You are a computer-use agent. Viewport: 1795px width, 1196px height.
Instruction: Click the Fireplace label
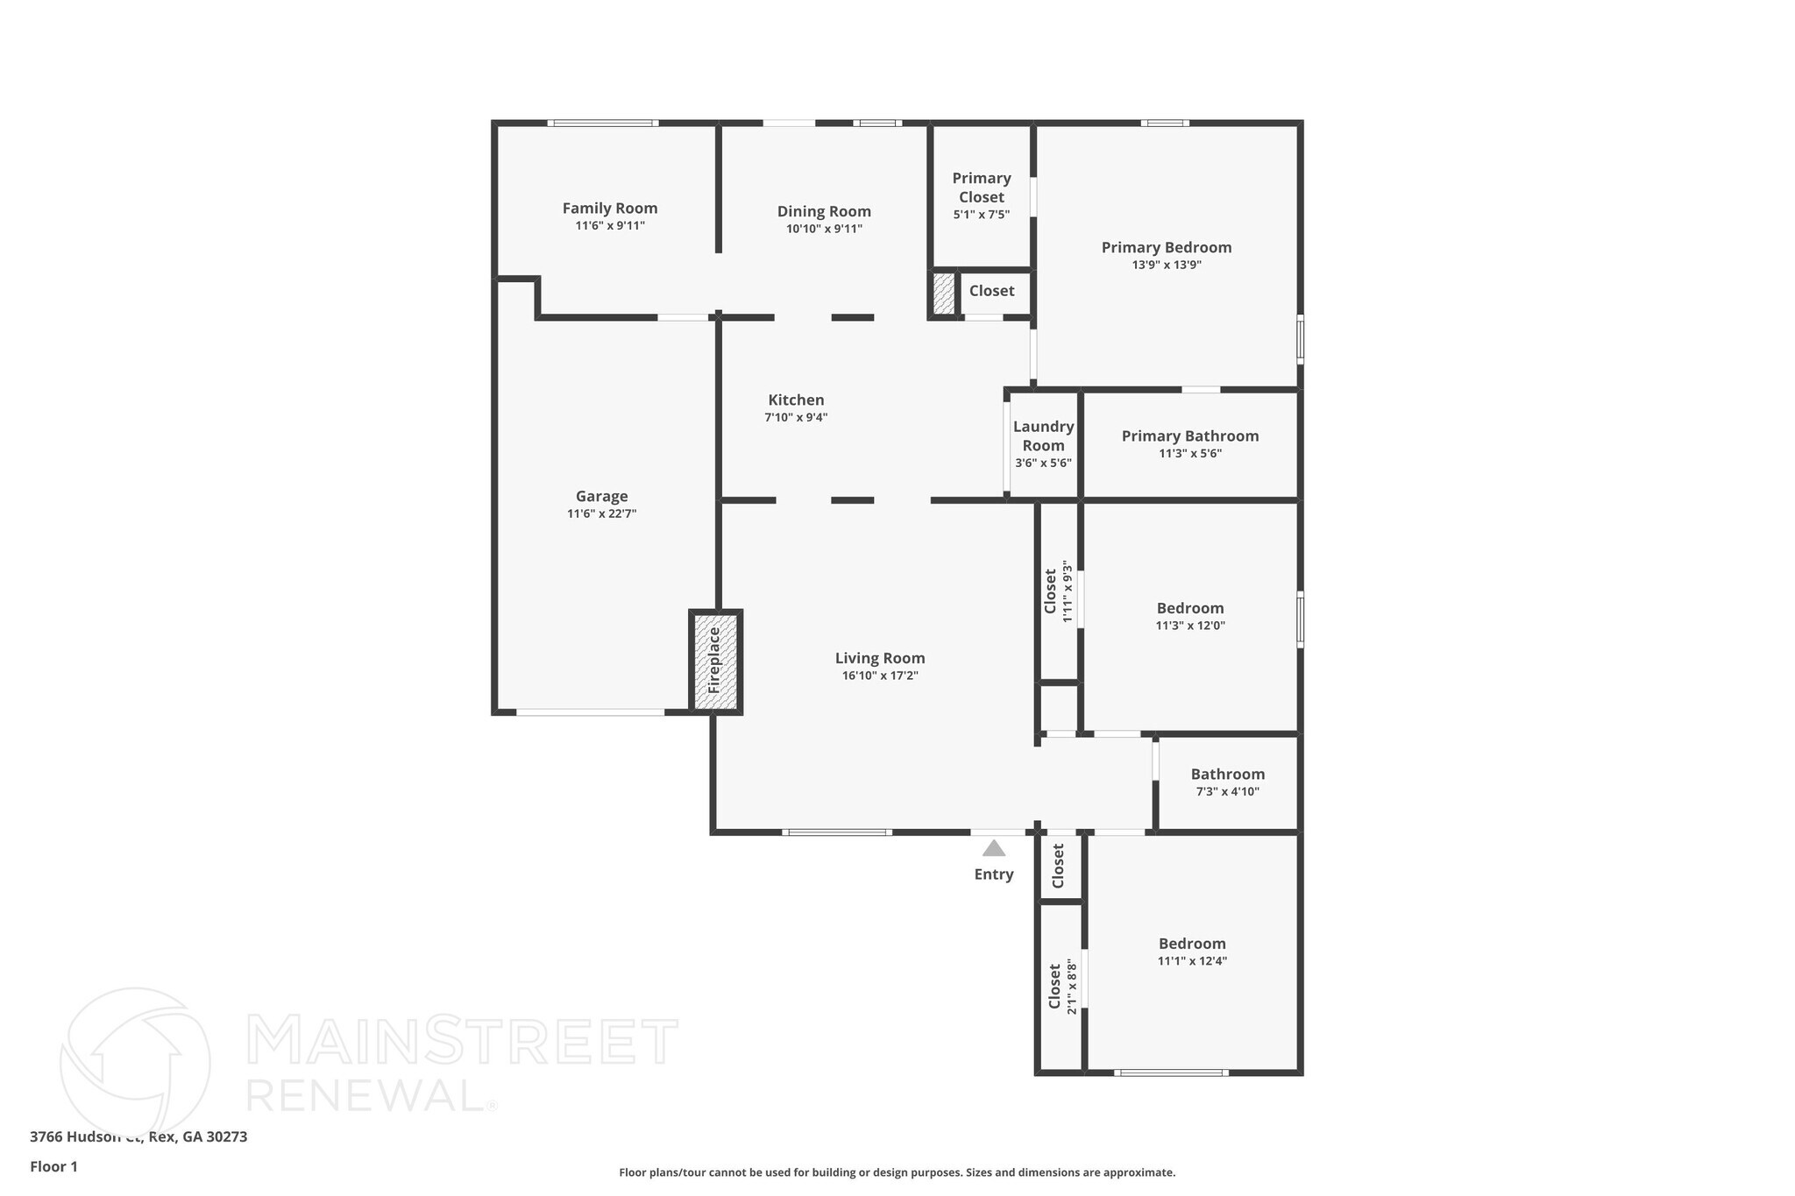[714, 660]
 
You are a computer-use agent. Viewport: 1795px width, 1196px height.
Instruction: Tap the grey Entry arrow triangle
[993, 848]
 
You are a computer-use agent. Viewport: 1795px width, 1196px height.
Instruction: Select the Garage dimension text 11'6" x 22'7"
[601, 514]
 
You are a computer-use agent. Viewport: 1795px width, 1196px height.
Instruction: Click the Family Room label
[610, 209]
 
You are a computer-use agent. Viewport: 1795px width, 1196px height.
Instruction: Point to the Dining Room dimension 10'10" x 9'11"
[824, 230]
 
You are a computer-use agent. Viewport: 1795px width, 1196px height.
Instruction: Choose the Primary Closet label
[982, 188]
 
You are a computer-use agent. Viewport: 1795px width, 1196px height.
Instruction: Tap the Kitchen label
[796, 400]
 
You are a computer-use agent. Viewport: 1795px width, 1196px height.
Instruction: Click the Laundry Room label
[1043, 435]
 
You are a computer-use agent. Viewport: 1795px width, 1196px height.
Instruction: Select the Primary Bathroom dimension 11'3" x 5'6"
[1190, 454]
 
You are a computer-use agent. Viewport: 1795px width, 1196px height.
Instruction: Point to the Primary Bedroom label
[1167, 248]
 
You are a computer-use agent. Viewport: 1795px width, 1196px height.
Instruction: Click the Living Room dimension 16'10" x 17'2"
[880, 676]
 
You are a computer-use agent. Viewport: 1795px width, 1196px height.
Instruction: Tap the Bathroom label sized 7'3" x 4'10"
[1227, 775]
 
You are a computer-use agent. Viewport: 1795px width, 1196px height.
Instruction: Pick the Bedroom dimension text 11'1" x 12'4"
[1192, 961]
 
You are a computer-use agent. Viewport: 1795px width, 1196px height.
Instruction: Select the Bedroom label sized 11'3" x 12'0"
[1190, 608]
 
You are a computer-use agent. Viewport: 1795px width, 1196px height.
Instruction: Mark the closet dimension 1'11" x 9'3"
[1068, 591]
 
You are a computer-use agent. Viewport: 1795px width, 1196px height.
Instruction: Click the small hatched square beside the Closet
[943, 294]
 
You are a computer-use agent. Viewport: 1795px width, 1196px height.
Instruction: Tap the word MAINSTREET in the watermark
[463, 1042]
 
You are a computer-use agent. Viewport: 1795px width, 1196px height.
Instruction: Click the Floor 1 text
[54, 1167]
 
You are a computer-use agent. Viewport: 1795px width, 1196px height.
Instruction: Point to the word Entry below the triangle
[994, 874]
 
